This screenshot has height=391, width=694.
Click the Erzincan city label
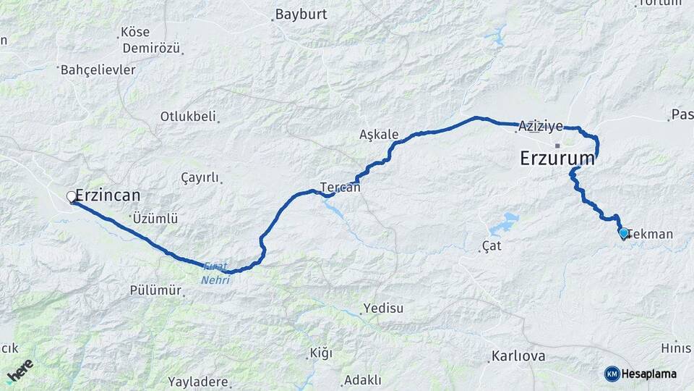[x=108, y=195]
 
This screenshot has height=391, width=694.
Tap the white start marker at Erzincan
[x=72, y=196]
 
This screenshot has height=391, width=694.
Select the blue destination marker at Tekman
[x=624, y=233]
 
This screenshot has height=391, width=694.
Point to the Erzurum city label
[x=557, y=159]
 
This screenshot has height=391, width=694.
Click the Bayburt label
[x=301, y=14]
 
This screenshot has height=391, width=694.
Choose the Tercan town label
[x=340, y=187]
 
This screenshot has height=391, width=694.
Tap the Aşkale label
[x=379, y=135]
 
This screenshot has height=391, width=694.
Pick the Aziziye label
[x=540, y=126]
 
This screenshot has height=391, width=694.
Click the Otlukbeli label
[x=188, y=117]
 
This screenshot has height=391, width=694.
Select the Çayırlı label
[x=199, y=178]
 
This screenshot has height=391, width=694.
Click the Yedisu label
[x=383, y=308]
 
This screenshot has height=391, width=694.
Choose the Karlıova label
[x=515, y=356]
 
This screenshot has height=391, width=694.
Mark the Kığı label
[x=320, y=353]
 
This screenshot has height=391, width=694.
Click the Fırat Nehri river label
[x=215, y=274]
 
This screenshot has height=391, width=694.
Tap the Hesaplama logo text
[x=649, y=374]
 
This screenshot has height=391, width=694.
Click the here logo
[x=20, y=370]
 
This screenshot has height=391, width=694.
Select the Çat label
[x=492, y=246]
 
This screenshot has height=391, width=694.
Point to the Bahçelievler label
[x=98, y=70]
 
